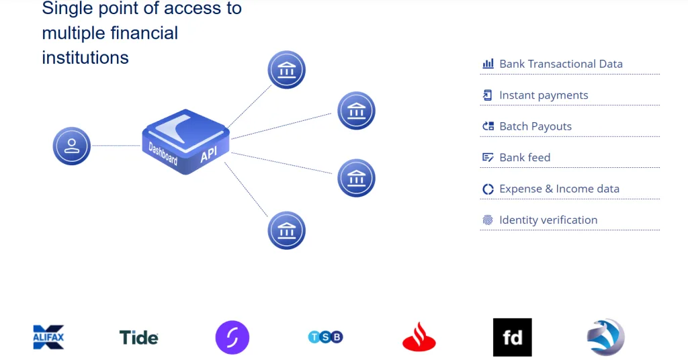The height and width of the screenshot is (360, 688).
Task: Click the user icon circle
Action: (72, 146)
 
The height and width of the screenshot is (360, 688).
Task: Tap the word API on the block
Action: (209, 155)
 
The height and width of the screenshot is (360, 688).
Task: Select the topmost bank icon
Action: (287, 70)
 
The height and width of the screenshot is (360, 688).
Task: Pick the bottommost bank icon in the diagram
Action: (287, 230)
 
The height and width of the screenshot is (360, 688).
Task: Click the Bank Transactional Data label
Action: (561, 64)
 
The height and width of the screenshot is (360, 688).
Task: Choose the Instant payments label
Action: (544, 95)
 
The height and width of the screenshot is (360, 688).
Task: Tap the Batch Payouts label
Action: (535, 126)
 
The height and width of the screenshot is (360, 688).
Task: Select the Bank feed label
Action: (525, 158)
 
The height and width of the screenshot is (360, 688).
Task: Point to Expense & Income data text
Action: (559, 189)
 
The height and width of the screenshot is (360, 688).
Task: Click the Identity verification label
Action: (548, 220)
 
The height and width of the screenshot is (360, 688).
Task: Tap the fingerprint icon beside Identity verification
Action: (488, 220)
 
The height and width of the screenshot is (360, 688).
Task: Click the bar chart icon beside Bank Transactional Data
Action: (488, 64)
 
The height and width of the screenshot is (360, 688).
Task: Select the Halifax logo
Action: (48, 336)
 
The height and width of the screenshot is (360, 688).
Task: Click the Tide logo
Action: (138, 337)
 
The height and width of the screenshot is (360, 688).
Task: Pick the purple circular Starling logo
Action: (232, 337)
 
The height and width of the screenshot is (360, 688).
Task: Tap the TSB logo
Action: (325, 337)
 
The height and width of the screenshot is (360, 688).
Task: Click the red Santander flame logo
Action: (419, 337)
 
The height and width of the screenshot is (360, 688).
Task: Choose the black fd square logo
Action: (512, 337)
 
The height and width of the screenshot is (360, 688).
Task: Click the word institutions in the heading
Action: (85, 58)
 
